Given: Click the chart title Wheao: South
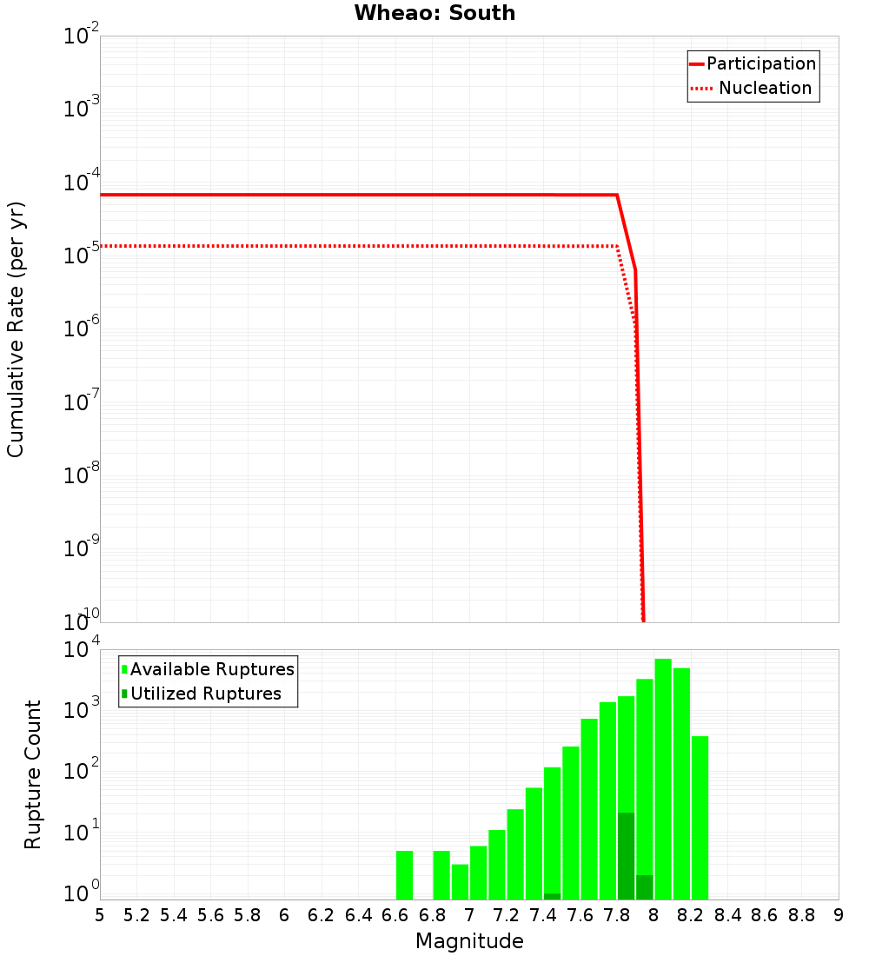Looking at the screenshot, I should click(434, 14).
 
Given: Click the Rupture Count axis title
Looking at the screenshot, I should click(33, 773).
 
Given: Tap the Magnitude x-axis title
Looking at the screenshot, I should click(469, 941).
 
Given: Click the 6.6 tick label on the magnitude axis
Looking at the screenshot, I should click(395, 915).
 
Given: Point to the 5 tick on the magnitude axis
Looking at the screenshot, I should click(100, 915).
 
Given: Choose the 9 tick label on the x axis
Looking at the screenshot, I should click(839, 915).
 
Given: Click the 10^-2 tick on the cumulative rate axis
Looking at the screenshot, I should click(82, 37).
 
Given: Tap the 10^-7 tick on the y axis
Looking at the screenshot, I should click(82, 402).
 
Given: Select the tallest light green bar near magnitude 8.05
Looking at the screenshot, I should click(663, 779).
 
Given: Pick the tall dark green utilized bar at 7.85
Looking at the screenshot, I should click(626, 856).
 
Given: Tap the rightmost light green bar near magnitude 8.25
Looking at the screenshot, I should click(700, 818).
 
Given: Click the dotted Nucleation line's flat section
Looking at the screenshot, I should click(348, 246).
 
